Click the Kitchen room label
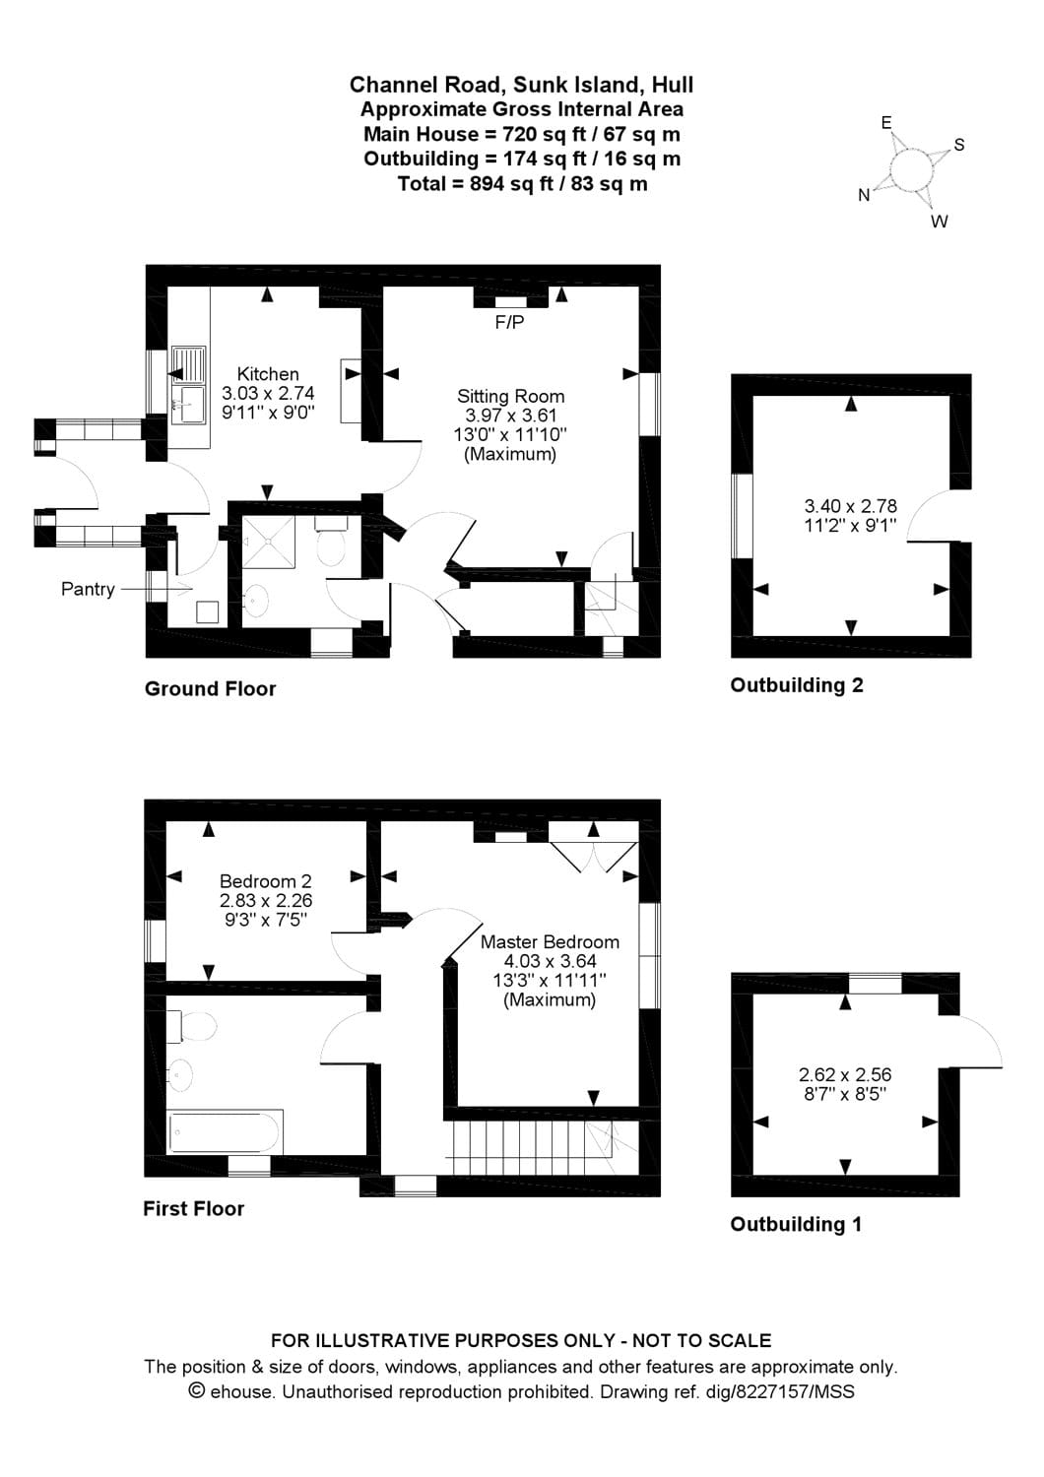click(268, 374)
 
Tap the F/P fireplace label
click(509, 322)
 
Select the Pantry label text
click(88, 589)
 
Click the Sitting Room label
click(510, 396)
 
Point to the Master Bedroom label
click(550, 941)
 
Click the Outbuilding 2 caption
click(796, 685)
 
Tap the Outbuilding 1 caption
click(795, 1224)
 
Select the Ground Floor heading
click(210, 689)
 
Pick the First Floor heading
click(193, 1208)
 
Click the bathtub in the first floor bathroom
click(226, 1131)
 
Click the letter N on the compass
click(864, 195)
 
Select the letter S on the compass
click(959, 146)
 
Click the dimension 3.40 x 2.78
click(851, 507)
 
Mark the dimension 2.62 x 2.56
click(845, 1075)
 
